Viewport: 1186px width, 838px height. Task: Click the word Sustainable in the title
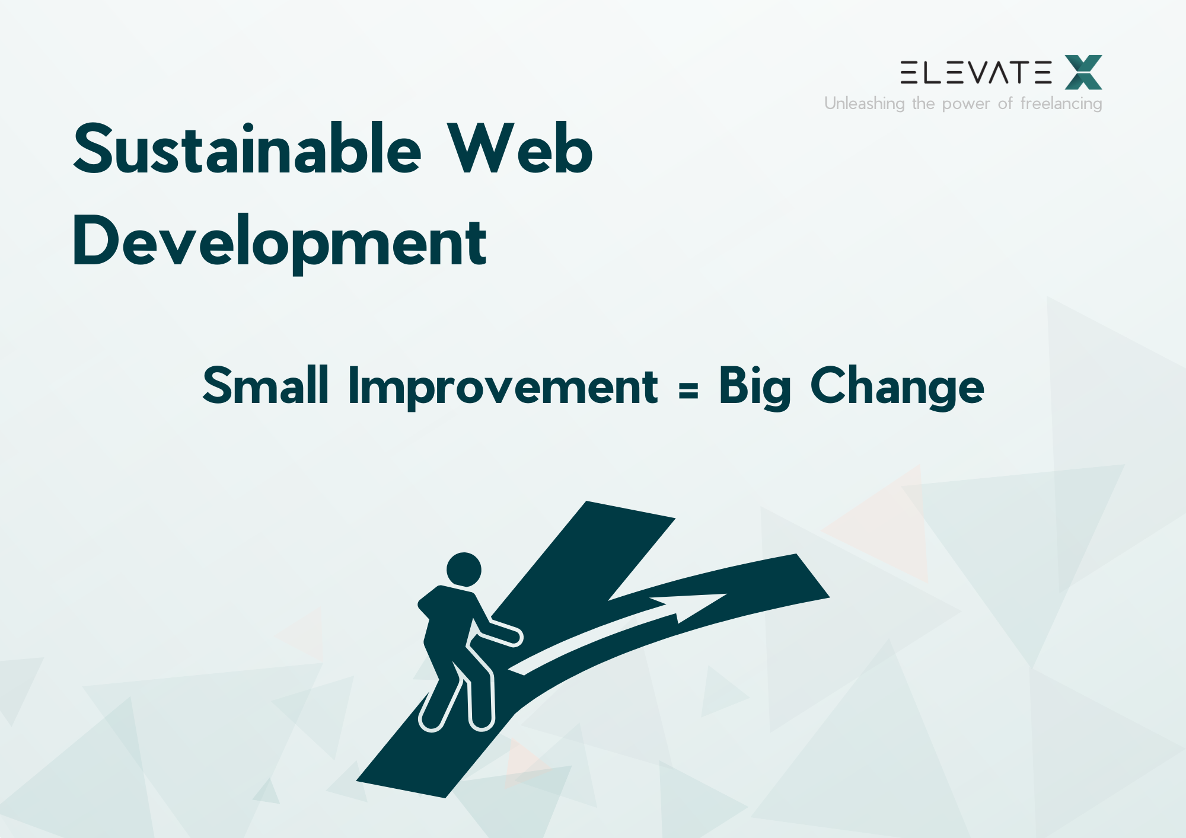point(247,149)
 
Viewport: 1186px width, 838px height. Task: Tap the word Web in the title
point(519,149)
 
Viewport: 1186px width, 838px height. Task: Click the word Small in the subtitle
point(265,386)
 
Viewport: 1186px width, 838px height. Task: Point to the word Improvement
point(503,386)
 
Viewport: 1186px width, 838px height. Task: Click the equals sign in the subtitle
point(688,390)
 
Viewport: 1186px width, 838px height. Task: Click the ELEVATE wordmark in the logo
point(975,72)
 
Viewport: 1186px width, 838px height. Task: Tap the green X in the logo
point(1083,72)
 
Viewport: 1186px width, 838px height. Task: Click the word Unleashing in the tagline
point(864,104)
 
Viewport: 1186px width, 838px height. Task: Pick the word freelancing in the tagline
point(1061,104)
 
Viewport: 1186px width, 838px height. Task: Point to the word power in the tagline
point(966,104)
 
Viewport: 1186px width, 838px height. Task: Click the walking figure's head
point(464,570)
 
